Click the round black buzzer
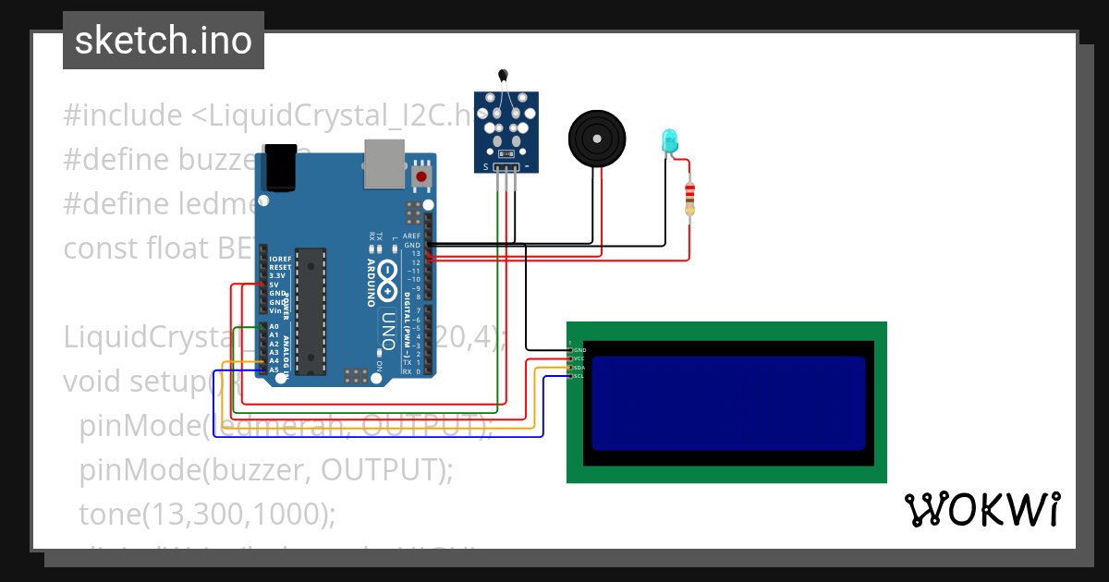pyautogui.click(x=596, y=138)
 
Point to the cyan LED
pyautogui.click(x=669, y=140)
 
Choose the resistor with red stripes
pyautogui.click(x=689, y=200)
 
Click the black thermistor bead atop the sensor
pyautogui.click(x=503, y=76)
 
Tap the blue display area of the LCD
pyautogui.click(x=728, y=403)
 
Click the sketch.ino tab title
pyautogui.click(x=164, y=41)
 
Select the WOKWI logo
pyautogui.click(x=981, y=509)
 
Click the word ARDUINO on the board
pyautogui.click(x=371, y=283)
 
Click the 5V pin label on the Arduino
pyautogui.click(x=274, y=285)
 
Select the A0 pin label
pyautogui.click(x=274, y=327)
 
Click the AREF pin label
pyautogui.click(x=412, y=236)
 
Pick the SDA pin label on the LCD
pyautogui.click(x=578, y=368)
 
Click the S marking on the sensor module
pyautogui.click(x=486, y=167)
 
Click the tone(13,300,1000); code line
pyautogui.click(x=207, y=515)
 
